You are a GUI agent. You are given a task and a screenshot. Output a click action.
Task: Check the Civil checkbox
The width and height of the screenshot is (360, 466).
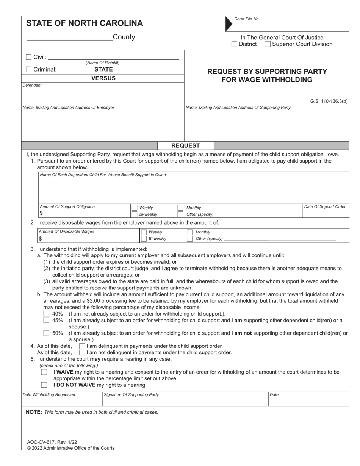coord(28,57)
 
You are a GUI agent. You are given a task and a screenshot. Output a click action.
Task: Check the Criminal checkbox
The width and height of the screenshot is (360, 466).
coord(28,69)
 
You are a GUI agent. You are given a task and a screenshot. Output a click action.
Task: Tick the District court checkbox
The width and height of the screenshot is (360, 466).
coord(234,44)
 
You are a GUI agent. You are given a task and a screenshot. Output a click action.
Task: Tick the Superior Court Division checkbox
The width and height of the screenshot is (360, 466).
coord(268,44)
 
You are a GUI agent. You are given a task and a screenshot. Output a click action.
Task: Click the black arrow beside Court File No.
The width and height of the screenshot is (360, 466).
coord(229,23)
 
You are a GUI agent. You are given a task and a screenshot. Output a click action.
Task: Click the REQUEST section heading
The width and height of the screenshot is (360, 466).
coord(185,145)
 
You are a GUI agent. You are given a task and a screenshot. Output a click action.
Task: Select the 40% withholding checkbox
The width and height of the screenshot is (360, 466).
coord(46,314)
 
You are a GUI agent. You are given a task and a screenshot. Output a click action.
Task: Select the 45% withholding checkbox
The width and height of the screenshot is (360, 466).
coord(46,320)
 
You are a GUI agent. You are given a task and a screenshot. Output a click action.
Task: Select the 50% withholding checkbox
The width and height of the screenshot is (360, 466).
coord(46,333)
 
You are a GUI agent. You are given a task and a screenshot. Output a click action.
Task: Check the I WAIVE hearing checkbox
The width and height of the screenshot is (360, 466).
coord(44,372)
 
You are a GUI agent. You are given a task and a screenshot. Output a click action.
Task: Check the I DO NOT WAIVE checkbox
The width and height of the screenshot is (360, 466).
coord(44,385)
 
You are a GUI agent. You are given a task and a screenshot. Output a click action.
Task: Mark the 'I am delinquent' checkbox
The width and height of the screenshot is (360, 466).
coord(82,346)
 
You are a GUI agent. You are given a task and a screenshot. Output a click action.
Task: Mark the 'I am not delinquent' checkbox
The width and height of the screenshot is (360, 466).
coord(82,352)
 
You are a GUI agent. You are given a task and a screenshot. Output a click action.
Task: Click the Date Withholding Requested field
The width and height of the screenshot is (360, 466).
coord(61,401)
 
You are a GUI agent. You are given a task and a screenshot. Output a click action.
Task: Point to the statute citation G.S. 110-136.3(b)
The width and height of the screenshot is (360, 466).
coord(329,101)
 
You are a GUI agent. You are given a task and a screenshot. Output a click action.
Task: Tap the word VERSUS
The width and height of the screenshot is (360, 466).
coord(103,78)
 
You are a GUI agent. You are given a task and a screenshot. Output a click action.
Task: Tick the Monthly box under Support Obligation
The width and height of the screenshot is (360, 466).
coord(181,208)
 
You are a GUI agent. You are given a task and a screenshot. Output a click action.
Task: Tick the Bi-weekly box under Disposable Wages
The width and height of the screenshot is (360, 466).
coord(144,239)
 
